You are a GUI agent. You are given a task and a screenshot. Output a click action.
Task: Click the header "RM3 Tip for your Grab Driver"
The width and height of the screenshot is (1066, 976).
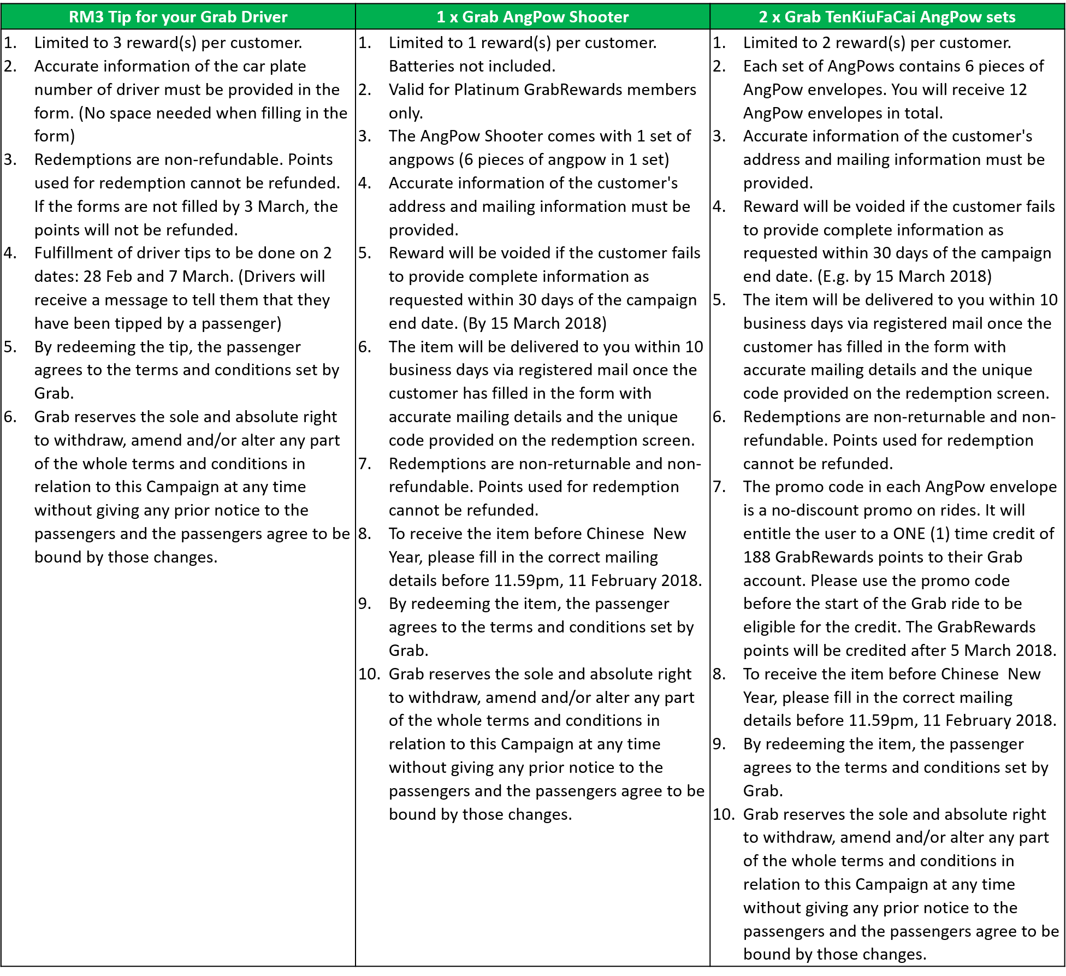178,17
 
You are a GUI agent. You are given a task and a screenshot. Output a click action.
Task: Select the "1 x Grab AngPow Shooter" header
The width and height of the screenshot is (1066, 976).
532,17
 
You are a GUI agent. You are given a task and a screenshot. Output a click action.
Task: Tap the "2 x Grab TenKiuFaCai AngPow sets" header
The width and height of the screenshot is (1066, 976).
887,17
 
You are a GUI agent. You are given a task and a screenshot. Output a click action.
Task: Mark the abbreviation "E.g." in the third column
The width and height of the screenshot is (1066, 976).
834,276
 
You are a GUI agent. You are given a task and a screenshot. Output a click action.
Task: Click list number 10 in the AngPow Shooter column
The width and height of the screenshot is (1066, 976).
369,674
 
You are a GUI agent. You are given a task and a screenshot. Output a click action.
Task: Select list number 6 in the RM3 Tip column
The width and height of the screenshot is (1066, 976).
10,417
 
